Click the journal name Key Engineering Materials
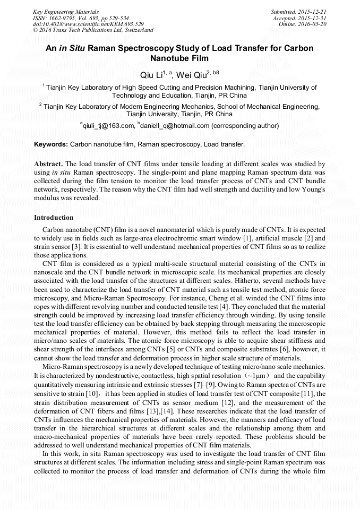click(66, 11)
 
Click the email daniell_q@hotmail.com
click(174, 126)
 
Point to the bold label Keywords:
click(51, 144)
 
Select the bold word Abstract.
click(48, 165)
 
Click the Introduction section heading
click(54, 218)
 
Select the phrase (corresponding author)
click(245, 126)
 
